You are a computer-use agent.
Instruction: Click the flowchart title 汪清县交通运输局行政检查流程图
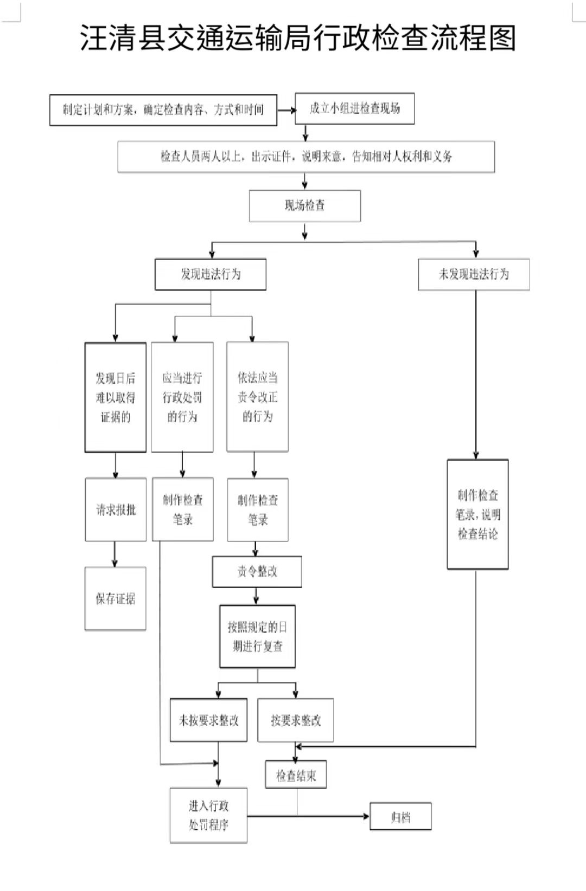coord(297,38)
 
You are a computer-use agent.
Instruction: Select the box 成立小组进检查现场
coord(354,108)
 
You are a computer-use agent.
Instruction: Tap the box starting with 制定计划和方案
coord(163,110)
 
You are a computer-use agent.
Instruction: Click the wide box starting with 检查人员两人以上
coord(306,157)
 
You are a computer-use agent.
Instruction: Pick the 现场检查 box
coord(304,205)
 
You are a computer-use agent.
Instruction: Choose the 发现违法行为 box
coord(211,274)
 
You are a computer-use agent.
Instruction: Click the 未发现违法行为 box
coord(474,274)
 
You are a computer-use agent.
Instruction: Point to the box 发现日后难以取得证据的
coord(116,397)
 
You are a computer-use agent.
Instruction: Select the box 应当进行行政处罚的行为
coord(182,397)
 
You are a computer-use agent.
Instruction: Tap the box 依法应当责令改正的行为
coord(257,397)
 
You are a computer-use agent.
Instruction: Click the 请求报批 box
coord(116,509)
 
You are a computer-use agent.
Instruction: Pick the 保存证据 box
coord(116,598)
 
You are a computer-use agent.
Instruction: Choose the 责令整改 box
coord(257,571)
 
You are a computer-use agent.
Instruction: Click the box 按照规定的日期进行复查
coord(257,636)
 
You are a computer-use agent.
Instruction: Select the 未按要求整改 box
coord(208,720)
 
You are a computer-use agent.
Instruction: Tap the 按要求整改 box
coord(296,720)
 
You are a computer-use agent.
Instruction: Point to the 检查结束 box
coord(296,776)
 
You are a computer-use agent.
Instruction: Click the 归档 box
coord(400,817)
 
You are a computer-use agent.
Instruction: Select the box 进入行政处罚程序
coord(208,815)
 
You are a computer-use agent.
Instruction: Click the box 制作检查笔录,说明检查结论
coord(477,514)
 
